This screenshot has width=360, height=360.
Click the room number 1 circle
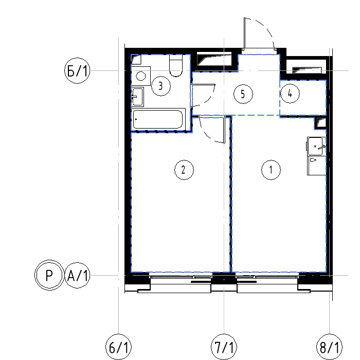[271, 170]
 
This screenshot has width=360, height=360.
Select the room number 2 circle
[184, 170]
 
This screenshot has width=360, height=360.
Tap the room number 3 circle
[160, 86]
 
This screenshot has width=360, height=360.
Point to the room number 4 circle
[290, 94]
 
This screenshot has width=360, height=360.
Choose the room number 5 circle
[243, 94]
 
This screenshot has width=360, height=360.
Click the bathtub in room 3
[158, 119]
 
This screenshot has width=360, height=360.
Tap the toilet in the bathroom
[176, 65]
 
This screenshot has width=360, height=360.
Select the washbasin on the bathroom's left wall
[137, 97]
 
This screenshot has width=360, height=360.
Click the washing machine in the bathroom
[140, 76]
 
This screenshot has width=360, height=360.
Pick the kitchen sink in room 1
[316, 146]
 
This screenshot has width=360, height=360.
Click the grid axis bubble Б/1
[77, 70]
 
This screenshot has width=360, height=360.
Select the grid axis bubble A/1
[77, 275]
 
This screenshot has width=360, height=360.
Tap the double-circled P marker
[49, 275]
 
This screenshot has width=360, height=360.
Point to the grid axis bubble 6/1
[118, 347]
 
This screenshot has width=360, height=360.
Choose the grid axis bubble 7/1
[224, 347]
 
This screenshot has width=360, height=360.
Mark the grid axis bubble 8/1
[329, 347]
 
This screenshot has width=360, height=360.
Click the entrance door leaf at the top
[244, 33]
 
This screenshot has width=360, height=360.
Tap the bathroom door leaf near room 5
[204, 85]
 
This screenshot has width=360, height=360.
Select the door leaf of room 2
[224, 130]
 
